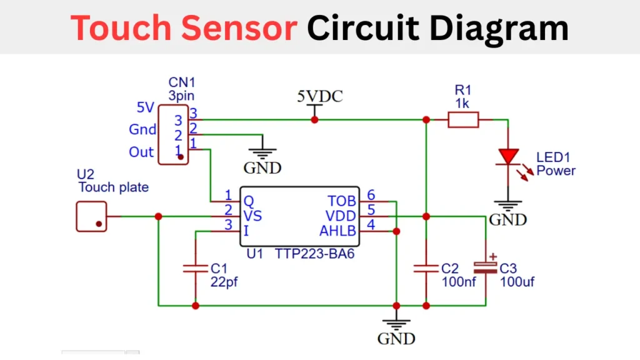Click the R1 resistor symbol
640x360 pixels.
(x=463, y=119)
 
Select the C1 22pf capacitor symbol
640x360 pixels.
(x=196, y=268)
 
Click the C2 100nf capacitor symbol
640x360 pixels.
(x=426, y=268)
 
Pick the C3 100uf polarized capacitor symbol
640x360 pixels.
(x=486, y=267)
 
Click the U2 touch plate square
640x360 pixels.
(x=91, y=216)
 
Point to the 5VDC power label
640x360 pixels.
(x=319, y=97)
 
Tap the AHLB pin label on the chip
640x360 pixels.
(x=337, y=231)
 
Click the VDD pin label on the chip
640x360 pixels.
(x=341, y=216)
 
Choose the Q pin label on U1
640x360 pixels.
(x=248, y=201)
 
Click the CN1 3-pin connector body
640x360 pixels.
(x=173, y=135)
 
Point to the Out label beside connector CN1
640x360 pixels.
(x=141, y=152)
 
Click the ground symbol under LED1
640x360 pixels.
(x=508, y=204)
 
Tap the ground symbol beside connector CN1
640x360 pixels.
(x=262, y=152)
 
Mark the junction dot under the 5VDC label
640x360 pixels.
(x=314, y=119)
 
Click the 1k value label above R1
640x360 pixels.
(x=462, y=103)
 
